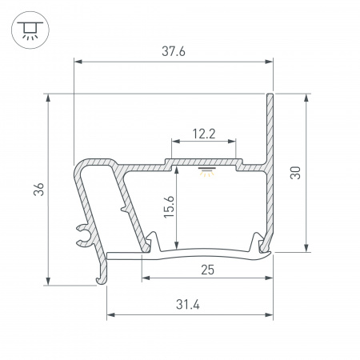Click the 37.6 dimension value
173,50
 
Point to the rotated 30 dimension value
295,173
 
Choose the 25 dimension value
207,270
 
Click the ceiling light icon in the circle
29,29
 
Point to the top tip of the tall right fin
270,95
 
